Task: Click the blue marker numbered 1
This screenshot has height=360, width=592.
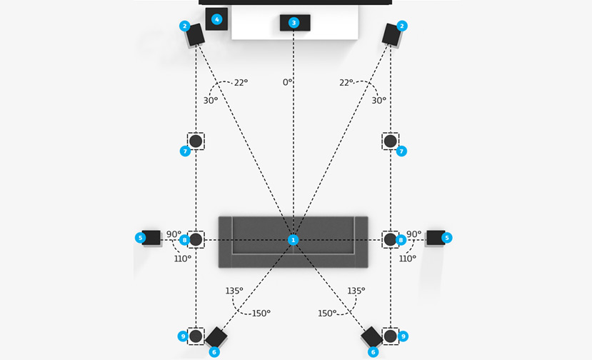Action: point(293,240)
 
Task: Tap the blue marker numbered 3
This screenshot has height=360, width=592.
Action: point(293,23)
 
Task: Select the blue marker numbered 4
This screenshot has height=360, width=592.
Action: point(217,19)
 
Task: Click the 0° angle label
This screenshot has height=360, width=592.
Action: point(287,83)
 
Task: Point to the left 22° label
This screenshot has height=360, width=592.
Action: point(241,83)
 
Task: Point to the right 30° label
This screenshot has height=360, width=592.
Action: point(378,101)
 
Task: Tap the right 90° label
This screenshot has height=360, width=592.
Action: point(413,234)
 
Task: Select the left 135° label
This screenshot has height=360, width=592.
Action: point(234,291)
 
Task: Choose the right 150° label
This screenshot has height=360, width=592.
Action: point(327,314)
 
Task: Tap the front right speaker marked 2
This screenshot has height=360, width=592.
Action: point(392,34)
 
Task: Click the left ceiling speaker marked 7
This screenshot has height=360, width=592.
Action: point(196,141)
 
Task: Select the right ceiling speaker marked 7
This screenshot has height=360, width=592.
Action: point(390,141)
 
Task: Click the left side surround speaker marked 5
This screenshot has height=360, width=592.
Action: point(151,237)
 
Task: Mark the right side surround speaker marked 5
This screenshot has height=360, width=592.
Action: point(435,237)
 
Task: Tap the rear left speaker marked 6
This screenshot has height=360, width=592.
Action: point(216,337)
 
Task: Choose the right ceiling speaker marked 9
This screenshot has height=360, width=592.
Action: point(390,336)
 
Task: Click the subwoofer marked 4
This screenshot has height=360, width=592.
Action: point(216,19)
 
